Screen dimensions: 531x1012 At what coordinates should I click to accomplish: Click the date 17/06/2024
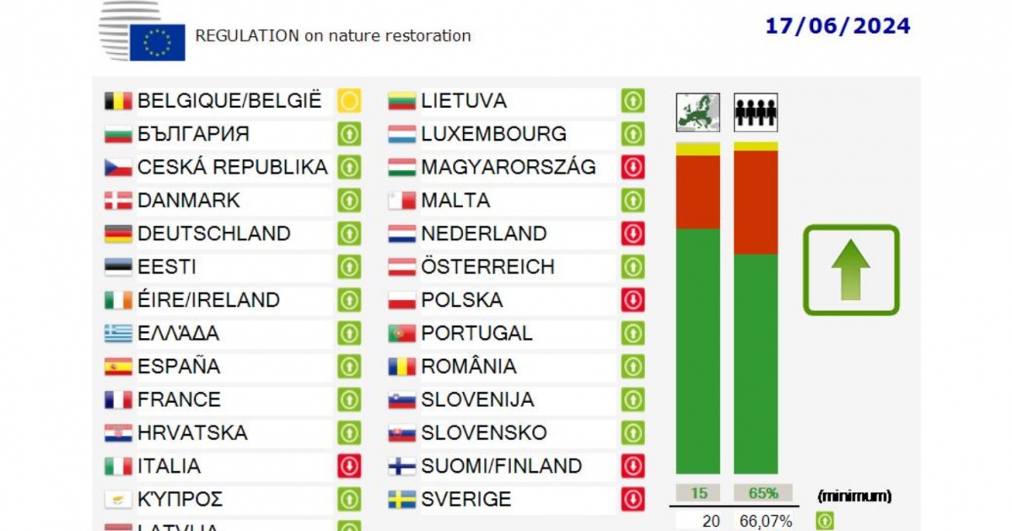837,26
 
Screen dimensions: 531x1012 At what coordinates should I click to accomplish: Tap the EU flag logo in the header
157,42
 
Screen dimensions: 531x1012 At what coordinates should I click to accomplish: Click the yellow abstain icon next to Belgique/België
349,101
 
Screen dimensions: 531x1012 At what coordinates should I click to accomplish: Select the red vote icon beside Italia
349,466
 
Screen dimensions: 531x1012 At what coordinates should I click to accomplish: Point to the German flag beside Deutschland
118,233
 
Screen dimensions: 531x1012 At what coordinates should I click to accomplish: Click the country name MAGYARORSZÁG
508,168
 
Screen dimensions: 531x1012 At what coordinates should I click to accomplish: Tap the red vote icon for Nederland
632,233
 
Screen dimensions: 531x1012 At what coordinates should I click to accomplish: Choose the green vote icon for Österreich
632,267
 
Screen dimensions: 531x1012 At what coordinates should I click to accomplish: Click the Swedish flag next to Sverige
401,500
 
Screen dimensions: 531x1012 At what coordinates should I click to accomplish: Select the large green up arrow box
851,270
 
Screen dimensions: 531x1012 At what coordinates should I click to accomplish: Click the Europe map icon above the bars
698,112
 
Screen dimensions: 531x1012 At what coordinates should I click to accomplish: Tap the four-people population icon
756,112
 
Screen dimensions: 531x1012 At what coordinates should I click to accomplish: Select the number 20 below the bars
710,521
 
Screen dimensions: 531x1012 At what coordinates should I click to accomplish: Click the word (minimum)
854,496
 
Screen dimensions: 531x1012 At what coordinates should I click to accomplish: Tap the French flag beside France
118,400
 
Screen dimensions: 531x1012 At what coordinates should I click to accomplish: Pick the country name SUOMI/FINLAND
501,466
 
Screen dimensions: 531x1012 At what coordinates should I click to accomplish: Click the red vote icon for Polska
632,300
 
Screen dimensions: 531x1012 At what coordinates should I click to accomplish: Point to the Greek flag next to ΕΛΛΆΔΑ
118,334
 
